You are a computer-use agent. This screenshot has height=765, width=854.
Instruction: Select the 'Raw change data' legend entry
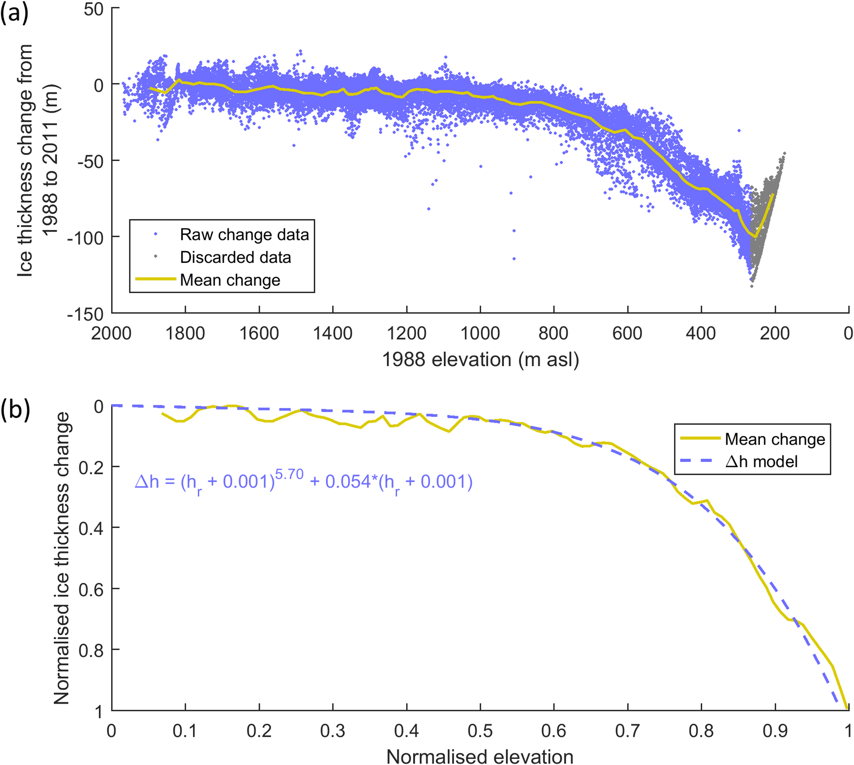pos(244,234)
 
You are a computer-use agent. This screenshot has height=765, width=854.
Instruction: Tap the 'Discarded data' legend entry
pos(235,257)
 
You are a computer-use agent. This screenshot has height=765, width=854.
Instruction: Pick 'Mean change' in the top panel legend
pos(230,280)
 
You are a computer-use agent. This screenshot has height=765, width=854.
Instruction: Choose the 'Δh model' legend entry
pos(761,462)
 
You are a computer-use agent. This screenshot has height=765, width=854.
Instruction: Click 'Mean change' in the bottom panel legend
pos(775,439)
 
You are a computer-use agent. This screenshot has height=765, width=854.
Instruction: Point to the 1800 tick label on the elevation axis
pos(185,334)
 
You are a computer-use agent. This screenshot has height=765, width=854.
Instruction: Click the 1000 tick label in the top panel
pos(480,334)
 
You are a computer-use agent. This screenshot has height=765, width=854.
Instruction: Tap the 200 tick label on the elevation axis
pos(775,334)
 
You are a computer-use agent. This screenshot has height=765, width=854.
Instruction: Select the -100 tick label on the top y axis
pos(86,238)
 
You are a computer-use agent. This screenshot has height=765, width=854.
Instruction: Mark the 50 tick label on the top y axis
pos(93,9)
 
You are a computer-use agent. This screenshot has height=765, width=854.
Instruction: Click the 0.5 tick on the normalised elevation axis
pos(480,731)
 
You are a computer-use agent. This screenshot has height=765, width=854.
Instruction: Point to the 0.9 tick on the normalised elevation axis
pos(775,731)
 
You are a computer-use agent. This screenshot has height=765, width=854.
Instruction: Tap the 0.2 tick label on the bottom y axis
pos(91,467)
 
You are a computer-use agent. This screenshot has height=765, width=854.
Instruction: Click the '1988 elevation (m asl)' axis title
pos(480,360)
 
